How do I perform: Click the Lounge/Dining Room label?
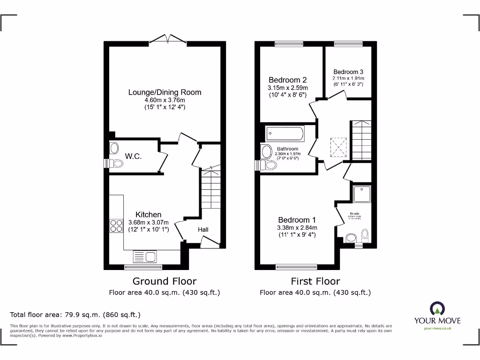tap(165, 92)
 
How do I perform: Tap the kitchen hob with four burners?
tap(116, 226)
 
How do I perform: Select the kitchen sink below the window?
tap(145, 256)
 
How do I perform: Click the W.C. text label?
tap(133, 156)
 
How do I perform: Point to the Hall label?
tap(202, 230)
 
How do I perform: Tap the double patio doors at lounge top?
tap(167, 39)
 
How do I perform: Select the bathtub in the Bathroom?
tap(285, 134)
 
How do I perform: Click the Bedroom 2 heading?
tap(288, 80)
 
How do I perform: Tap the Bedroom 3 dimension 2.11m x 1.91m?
tap(348, 78)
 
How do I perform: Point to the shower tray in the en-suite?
tap(362, 194)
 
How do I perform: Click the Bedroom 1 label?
tap(297, 220)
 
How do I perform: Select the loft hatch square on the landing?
tap(338, 147)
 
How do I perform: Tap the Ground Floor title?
tap(165, 281)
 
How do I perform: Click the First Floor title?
tap(315, 281)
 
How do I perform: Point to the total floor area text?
tap(75, 315)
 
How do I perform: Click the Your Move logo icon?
tap(437, 308)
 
